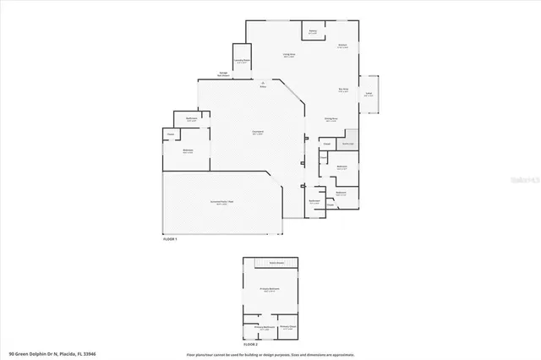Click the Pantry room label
(312, 31)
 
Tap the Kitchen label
(343, 46)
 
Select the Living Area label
(288, 55)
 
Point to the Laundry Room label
(240, 62)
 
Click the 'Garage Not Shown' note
(226, 74)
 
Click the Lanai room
(369, 95)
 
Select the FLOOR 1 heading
(172, 240)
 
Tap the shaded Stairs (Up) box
(346, 144)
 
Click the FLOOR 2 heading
(250, 345)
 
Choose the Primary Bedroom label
(270, 290)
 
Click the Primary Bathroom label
(265, 327)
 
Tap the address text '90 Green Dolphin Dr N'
(40, 352)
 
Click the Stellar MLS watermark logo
(523, 179)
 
